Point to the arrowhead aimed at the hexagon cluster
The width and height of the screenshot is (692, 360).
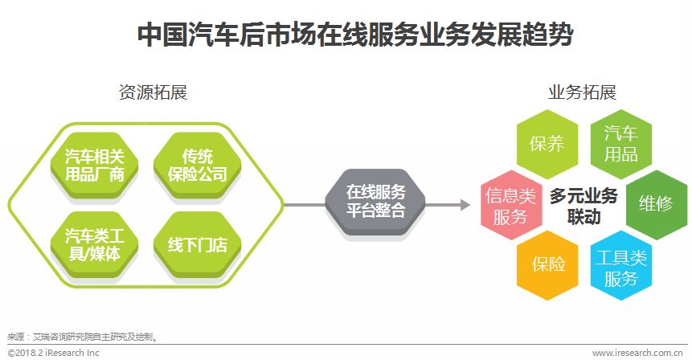(465, 205)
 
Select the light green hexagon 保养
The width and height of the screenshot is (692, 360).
(547, 144)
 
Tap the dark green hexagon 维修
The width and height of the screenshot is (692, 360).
(655, 204)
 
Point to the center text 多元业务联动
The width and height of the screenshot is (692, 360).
(583, 206)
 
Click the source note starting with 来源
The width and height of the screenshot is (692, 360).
(80, 337)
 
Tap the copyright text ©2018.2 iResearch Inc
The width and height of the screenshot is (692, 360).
(53, 352)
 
